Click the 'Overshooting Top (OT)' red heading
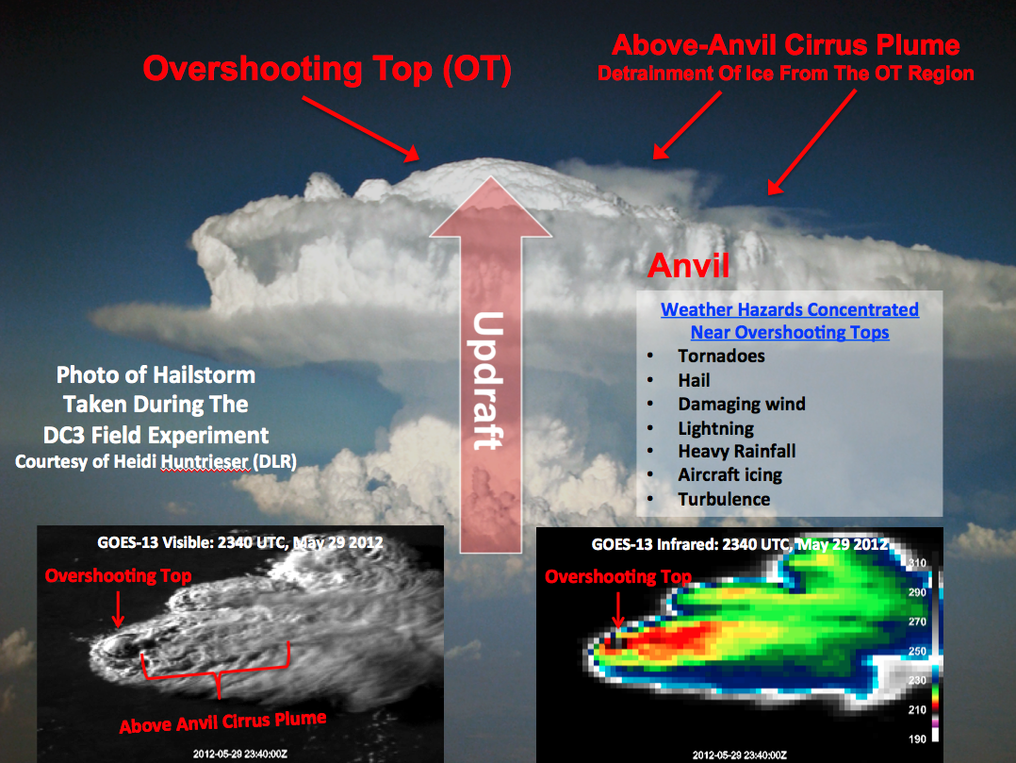pos(327,70)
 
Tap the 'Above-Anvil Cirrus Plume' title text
pos(786,45)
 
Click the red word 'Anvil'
pos(689,265)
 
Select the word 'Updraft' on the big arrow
pos(488,380)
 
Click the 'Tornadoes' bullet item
pos(721,356)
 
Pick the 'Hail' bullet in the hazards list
pos(694,380)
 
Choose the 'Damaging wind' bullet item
pos(742,405)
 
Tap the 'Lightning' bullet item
pos(716,428)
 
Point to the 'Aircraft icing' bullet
pos(730,475)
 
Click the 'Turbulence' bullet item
pos(725,499)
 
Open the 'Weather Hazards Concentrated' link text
pos(790,310)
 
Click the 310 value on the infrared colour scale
pos(917,563)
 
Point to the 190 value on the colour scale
pos(917,739)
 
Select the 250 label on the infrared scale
pos(917,651)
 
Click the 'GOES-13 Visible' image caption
pos(155,542)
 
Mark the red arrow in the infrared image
pos(618,610)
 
